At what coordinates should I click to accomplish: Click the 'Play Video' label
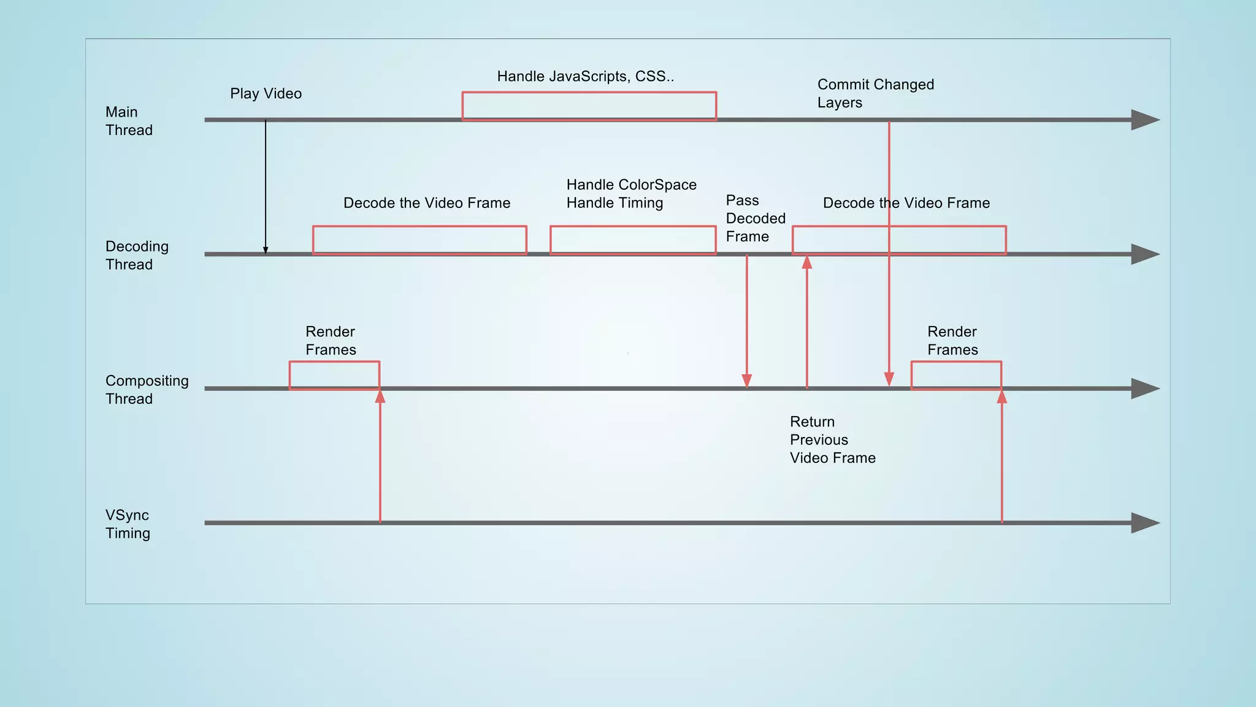[266, 93]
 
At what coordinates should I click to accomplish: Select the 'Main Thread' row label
[129, 121]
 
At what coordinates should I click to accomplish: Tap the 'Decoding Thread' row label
[137, 255]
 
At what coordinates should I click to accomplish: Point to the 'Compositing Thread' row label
[147, 390]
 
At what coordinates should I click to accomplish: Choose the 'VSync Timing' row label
[128, 524]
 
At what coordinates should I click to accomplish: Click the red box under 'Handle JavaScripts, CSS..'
[589, 106]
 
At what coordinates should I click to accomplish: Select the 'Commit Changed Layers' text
[875, 93]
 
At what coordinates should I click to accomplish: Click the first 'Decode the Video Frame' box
[419, 240]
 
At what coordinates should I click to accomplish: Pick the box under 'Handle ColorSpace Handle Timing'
[633, 240]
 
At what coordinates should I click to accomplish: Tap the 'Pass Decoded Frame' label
[755, 218]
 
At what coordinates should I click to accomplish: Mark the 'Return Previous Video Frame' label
[832, 439]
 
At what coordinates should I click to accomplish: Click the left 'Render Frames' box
[334, 375]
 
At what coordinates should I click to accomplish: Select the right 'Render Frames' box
[956, 375]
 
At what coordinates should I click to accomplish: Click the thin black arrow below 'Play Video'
[266, 184]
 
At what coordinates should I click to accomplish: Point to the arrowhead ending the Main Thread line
[1144, 120]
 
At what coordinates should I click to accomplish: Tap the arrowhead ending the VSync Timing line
[1144, 523]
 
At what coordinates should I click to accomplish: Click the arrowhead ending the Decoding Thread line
[1144, 254]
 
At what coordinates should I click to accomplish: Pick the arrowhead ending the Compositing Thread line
[1144, 388]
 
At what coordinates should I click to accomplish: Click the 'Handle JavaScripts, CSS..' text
[585, 76]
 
